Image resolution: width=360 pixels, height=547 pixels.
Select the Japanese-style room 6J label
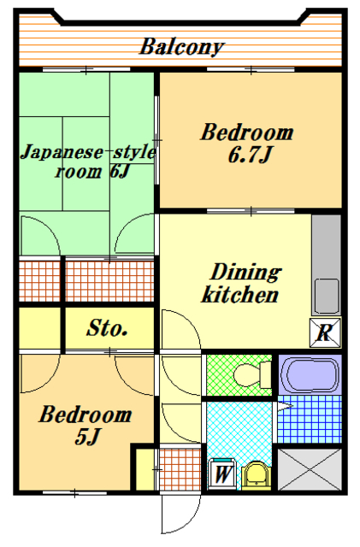[86, 162]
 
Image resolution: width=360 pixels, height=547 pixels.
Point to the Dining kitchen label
[240, 285]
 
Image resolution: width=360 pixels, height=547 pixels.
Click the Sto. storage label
[108, 327]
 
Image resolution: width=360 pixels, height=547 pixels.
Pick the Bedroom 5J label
[86, 426]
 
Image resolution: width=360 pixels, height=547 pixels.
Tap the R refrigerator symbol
[325, 332]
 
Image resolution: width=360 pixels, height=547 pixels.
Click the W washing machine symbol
[221, 472]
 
